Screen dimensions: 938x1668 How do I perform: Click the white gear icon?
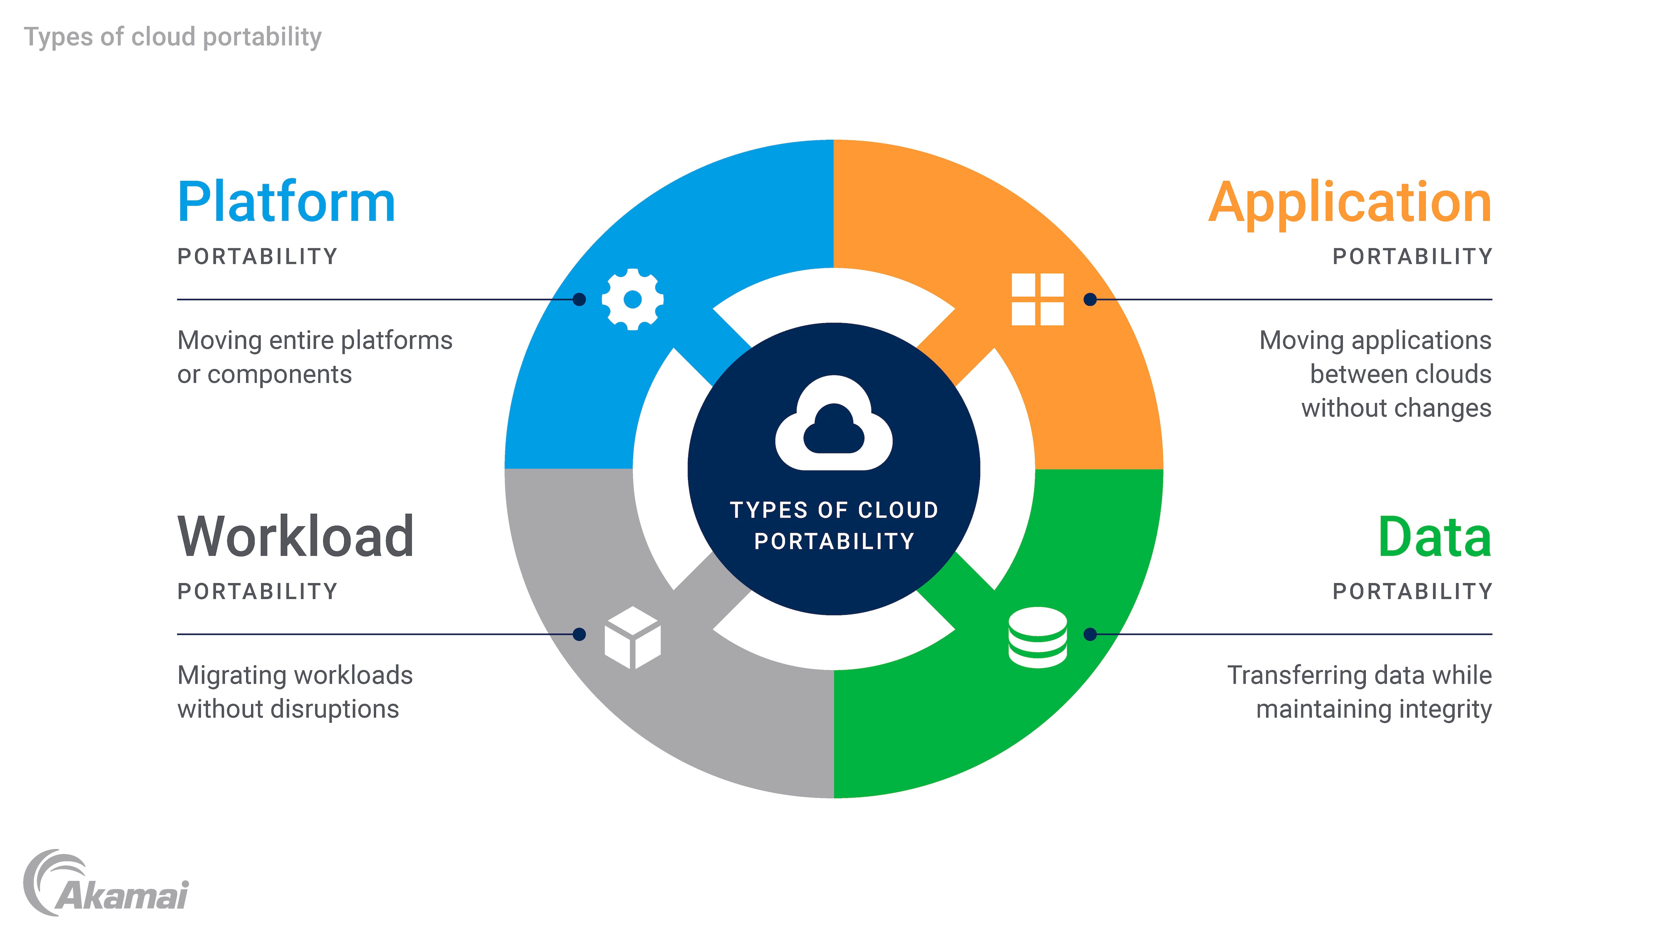click(633, 299)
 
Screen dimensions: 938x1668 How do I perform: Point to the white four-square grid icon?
click(1037, 299)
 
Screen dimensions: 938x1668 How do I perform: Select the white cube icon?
click(633, 638)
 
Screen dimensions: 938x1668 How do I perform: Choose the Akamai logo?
click(107, 884)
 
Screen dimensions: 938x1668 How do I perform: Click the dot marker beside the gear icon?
click(579, 299)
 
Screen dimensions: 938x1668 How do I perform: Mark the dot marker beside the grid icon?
click(1091, 299)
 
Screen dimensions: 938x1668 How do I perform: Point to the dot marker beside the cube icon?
click(579, 635)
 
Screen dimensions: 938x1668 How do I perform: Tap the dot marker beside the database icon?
click(1091, 635)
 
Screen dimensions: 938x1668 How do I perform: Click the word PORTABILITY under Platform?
click(258, 256)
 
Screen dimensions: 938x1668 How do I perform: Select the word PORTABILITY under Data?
click(1412, 591)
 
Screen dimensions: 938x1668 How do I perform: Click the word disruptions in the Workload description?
click(335, 710)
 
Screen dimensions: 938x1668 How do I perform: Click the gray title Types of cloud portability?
click(173, 37)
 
